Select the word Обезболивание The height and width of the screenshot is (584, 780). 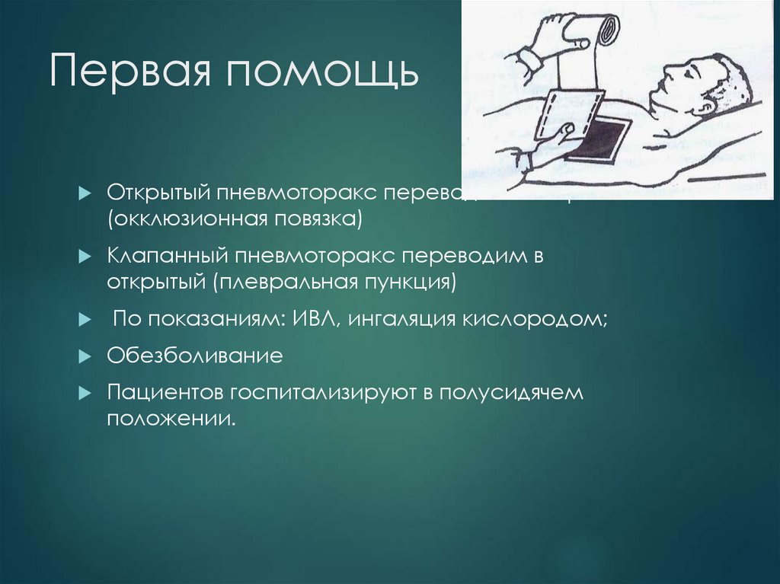[195, 356]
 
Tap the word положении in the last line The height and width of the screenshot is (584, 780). [169, 418]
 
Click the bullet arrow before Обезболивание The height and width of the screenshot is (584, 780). [85, 356]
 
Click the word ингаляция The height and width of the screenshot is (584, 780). [401, 319]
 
